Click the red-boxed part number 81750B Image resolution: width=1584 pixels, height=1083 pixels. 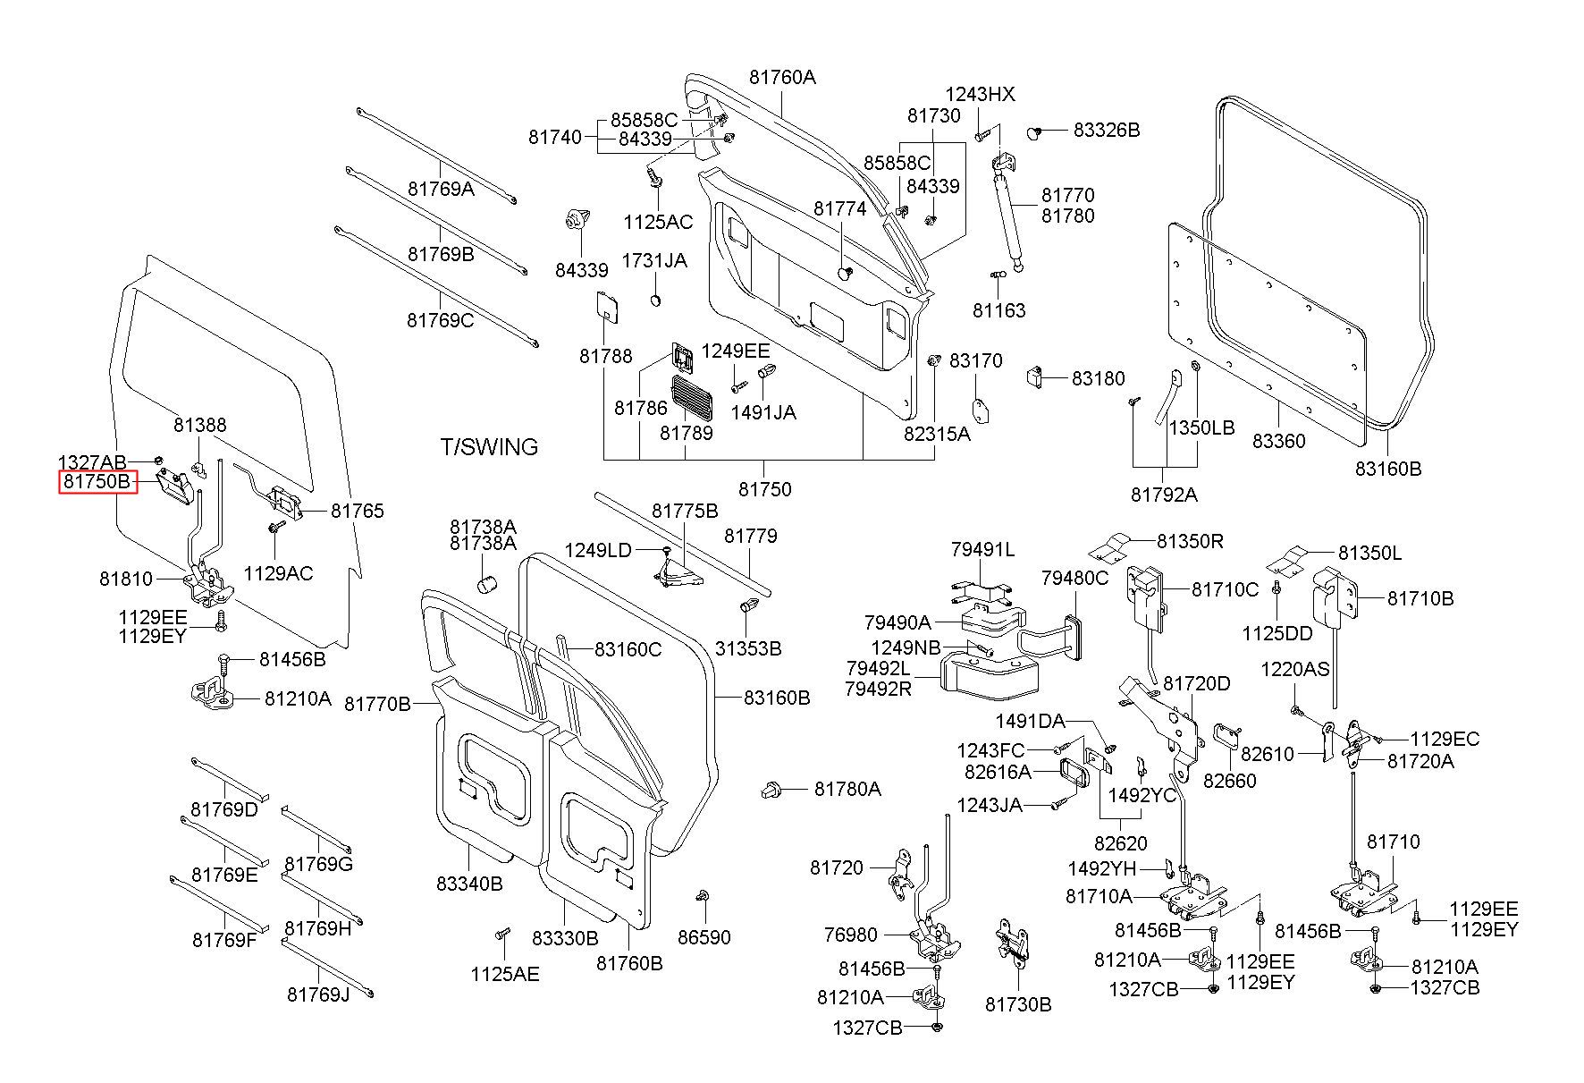point(97,483)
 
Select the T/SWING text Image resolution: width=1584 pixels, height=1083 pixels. point(489,446)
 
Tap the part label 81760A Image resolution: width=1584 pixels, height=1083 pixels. point(782,77)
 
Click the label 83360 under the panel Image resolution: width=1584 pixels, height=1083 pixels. point(1278,441)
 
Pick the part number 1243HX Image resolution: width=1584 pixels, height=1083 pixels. point(981,95)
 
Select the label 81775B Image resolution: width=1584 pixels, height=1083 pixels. point(685,511)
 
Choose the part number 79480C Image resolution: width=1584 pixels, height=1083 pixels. point(1074,579)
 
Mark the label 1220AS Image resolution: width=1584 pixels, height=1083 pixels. point(1295,669)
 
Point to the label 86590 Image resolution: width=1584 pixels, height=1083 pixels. point(704,937)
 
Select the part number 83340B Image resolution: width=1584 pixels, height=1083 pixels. point(469,884)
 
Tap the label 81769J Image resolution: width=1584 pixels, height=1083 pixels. point(318,994)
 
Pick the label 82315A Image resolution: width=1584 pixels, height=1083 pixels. point(936,434)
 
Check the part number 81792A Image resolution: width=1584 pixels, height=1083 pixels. point(1164,495)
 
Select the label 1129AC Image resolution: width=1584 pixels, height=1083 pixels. point(278,573)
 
